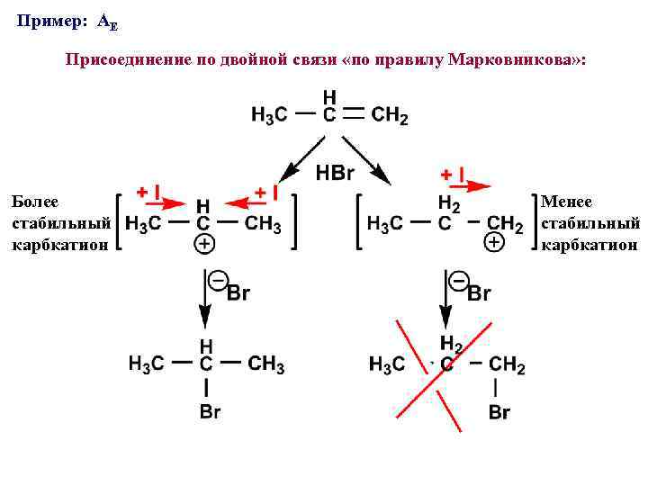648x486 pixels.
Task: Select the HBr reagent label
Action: point(336,173)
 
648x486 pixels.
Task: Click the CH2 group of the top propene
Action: point(390,115)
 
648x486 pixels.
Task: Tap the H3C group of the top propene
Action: point(269,115)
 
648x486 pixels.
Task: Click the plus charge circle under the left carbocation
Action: point(204,244)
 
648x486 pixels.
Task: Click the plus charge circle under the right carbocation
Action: point(493,242)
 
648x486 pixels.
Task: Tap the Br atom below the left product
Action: point(209,412)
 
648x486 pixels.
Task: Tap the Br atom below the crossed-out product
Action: point(499,413)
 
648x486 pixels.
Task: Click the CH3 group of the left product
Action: point(265,364)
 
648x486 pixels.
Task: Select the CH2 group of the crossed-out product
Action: point(507,364)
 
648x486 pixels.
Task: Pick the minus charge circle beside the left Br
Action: point(217,281)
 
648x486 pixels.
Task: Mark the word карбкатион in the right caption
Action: point(589,244)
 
